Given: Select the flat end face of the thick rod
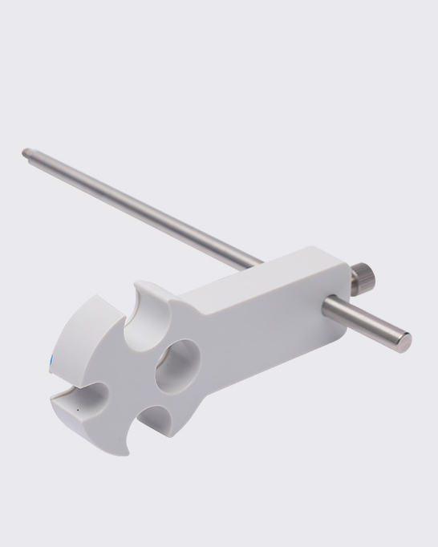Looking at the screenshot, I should point(405,340).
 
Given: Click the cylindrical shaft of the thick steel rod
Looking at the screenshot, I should point(361,319).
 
